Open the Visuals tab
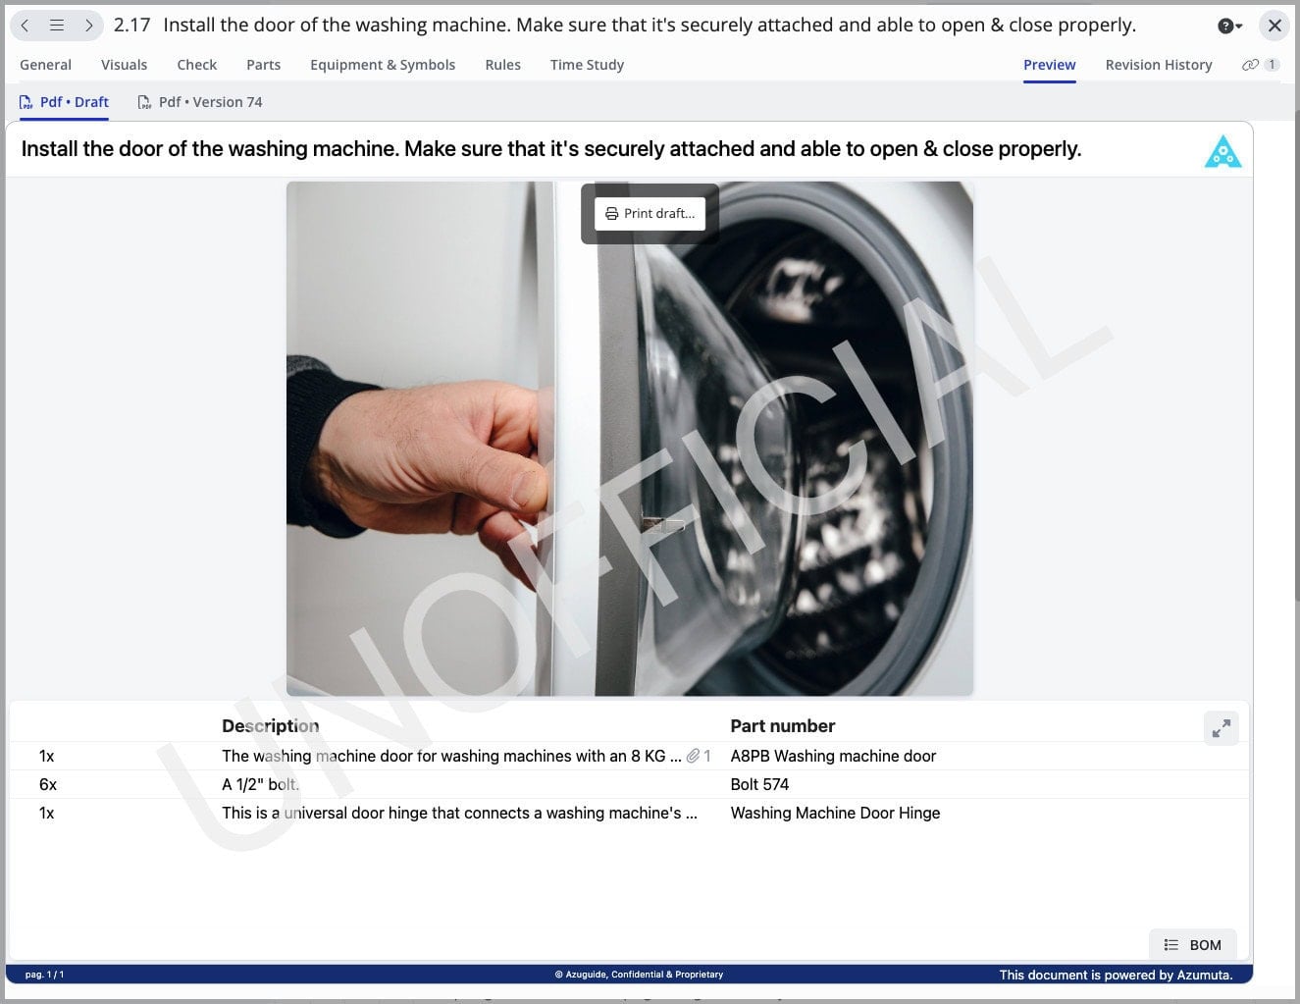point(124,65)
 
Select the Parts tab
point(263,65)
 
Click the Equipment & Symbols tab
point(383,65)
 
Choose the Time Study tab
point(587,65)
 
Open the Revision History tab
point(1158,65)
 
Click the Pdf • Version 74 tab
point(200,102)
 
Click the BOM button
point(1193,944)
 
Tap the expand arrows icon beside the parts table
point(1222,728)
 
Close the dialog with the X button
point(1274,26)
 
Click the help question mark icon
point(1225,26)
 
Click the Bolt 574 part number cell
point(759,784)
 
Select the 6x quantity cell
point(48,784)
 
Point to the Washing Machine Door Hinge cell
point(835,813)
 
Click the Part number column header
point(782,726)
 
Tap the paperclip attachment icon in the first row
point(693,756)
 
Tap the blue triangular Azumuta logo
point(1222,152)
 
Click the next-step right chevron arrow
point(89,26)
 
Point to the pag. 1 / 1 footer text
point(44,975)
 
